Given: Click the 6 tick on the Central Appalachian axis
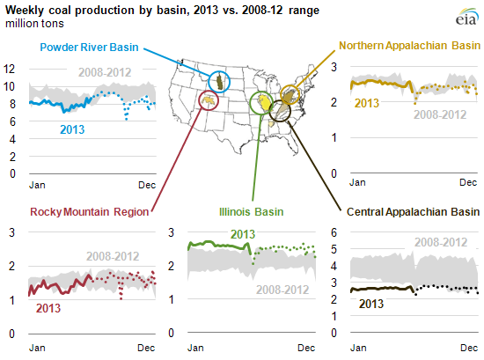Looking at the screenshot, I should pyautogui.click(x=334, y=232).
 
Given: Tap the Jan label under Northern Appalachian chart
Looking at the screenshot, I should pyautogui.click(x=358, y=182).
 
